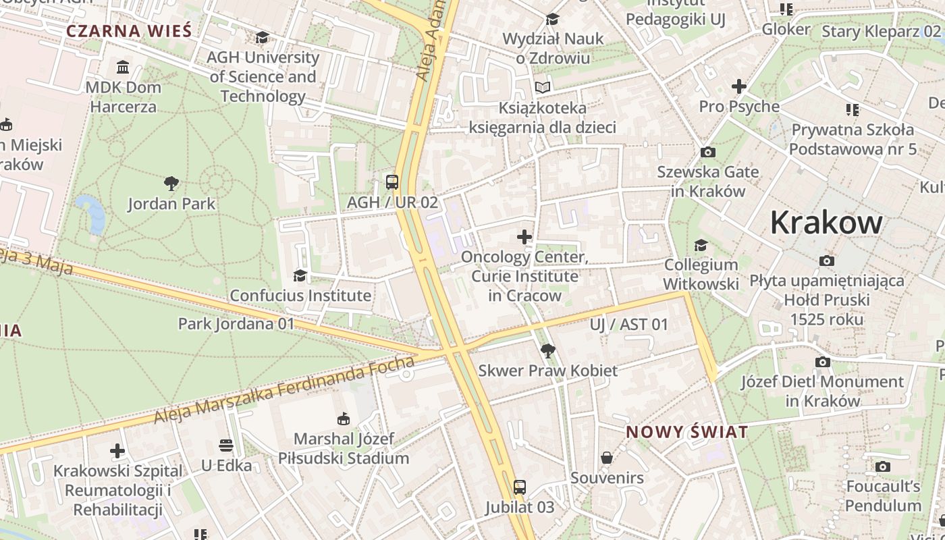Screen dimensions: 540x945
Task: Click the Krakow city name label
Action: (x=826, y=223)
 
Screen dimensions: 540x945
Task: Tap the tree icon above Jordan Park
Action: (x=171, y=183)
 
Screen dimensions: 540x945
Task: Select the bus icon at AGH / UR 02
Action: (x=392, y=182)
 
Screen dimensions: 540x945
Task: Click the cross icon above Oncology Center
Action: (x=524, y=237)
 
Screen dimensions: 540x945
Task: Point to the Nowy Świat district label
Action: (x=687, y=432)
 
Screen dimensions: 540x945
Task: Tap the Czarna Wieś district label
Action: (x=129, y=31)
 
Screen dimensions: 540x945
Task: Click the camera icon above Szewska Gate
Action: (x=708, y=153)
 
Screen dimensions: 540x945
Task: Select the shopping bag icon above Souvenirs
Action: (x=607, y=458)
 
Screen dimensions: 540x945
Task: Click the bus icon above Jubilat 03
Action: (x=519, y=487)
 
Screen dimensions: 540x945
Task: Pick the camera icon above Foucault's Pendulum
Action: (x=882, y=467)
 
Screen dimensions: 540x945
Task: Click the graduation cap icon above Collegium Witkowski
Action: (x=701, y=245)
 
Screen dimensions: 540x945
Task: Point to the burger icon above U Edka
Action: (x=226, y=446)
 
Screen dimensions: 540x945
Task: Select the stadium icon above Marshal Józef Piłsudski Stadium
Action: (x=343, y=419)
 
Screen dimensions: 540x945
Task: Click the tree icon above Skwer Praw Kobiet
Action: (x=547, y=351)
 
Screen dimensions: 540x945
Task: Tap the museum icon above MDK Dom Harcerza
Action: (x=123, y=67)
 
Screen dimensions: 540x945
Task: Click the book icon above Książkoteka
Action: (x=543, y=88)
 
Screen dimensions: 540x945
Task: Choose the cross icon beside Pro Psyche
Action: (x=739, y=86)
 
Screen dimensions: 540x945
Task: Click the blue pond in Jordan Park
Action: (x=92, y=212)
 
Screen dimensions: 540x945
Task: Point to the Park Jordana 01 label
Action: (x=236, y=324)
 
